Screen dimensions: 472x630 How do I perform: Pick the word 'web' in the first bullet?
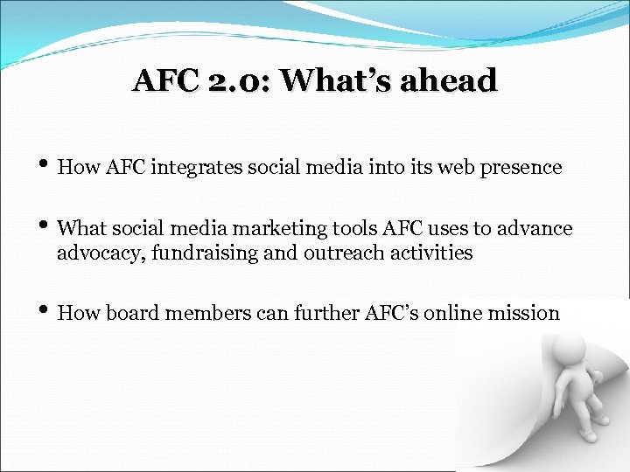tap(452, 167)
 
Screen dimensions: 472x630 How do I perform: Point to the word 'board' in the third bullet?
tap(130, 313)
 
